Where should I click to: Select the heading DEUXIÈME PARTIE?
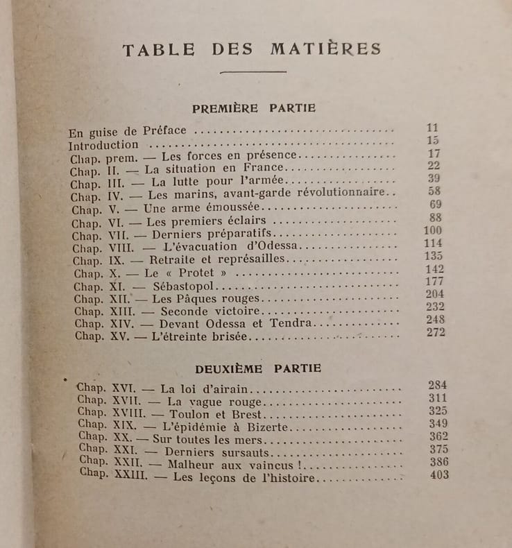[258, 368]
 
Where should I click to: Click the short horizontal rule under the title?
[253, 71]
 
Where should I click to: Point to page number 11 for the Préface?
[434, 128]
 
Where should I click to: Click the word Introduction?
[103, 145]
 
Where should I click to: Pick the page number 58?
[435, 191]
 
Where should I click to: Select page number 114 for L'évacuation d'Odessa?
[433, 243]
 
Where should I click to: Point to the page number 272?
[436, 332]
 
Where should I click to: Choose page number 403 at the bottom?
[438, 475]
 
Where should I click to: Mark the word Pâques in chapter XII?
[190, 298]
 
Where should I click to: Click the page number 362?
[438, 436]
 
